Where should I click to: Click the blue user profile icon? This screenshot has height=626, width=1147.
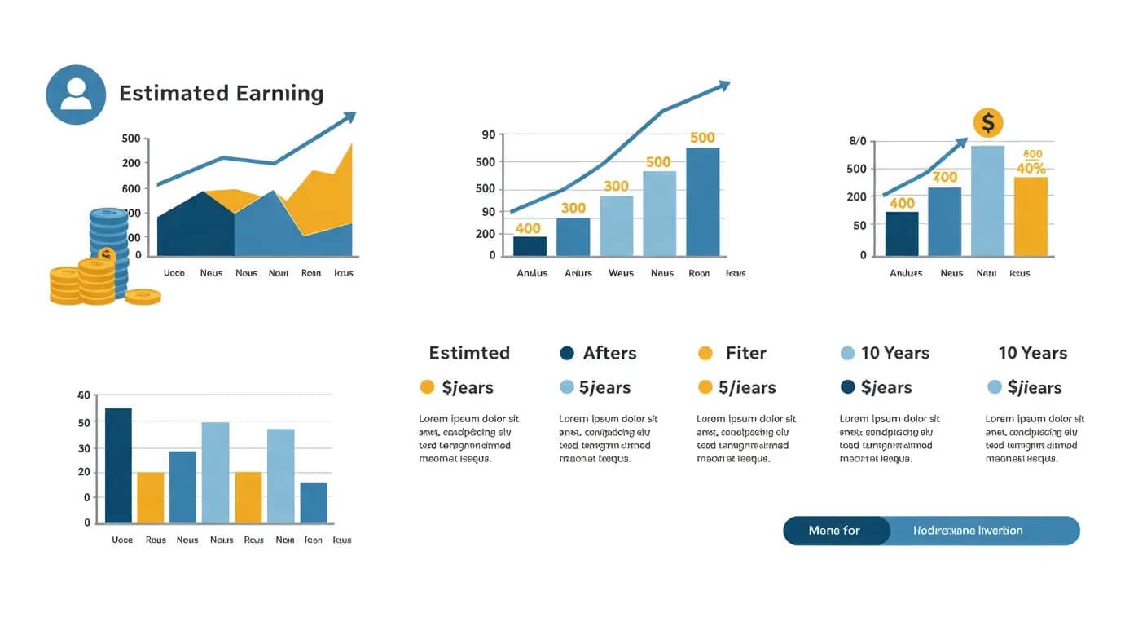click(x=76, y=95)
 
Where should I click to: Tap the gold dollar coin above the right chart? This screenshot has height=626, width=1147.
click(x=988, y=123)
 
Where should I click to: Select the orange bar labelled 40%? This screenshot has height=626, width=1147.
click(x=1031, y=216)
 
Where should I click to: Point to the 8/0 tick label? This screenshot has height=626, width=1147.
click(x=858, y=141)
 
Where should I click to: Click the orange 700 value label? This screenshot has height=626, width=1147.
click(x=945, y=177)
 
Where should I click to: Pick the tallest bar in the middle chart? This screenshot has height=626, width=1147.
click(x=702, y=201)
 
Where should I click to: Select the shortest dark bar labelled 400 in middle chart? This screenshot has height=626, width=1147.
click(x=530, y=245)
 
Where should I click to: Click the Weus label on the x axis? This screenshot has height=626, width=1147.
click(x=621, y=273)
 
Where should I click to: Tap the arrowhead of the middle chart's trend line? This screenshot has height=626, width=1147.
click(x=723, y=85)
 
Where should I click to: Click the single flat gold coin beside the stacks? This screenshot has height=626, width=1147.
click(x=143, y=297)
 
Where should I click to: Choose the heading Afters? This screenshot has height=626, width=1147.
click(x=609, y=353)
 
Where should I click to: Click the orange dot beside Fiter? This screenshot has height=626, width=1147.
click(x=705, y=353)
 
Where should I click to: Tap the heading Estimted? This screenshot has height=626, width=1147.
click(x=469, y=353)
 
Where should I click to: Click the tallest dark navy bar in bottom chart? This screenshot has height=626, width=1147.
click(x=118, y=465)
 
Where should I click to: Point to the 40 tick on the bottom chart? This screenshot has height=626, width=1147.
click(x=83, y=395)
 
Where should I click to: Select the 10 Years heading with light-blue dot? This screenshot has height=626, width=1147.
click(x=894, y=353)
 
